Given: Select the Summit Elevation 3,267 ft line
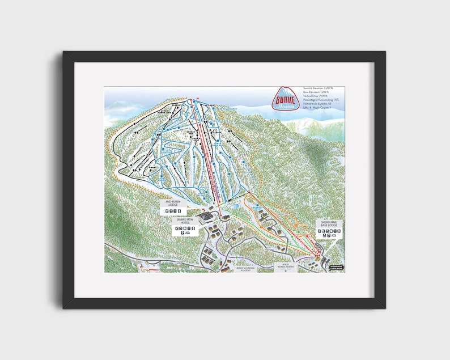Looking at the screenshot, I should tap(318, 88).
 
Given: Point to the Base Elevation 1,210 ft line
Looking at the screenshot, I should tap(316, 92).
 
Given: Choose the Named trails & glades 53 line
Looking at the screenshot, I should tap(317, 104).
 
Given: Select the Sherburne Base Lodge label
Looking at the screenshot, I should tap(329, 224).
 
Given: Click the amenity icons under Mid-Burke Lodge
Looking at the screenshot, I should tap(175, 210).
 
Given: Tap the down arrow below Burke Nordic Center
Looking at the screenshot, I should tap(286, 270).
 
